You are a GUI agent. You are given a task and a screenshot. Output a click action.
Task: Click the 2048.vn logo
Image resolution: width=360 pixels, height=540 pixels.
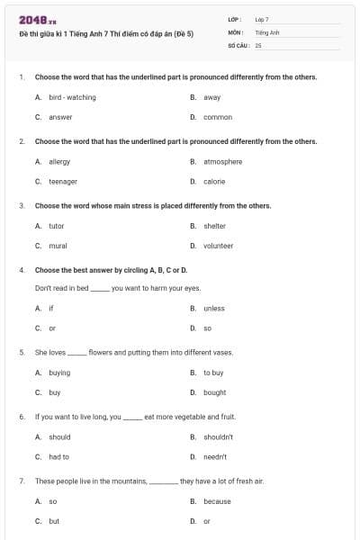(x=31, y=20)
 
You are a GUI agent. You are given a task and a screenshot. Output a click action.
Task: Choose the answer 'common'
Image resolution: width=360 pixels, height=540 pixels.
(x=217, y=117)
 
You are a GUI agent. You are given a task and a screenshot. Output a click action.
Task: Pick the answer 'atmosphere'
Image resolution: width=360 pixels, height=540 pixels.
(x=222, y=161)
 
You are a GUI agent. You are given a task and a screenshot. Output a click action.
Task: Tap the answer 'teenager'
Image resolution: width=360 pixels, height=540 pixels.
(x=62, y=181)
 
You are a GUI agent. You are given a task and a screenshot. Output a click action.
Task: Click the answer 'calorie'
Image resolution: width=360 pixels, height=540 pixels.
(x=214, y=181)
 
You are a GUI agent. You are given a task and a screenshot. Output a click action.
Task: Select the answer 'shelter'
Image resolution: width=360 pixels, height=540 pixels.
(x=214, y=226)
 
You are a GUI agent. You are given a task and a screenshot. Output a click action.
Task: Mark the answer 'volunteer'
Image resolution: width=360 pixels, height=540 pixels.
(x=218, y=246)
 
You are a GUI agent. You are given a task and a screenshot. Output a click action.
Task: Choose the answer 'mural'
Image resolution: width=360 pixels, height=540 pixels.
(x=58, y=246)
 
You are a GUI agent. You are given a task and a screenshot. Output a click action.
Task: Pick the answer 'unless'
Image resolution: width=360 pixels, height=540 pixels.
(x=213, y=309)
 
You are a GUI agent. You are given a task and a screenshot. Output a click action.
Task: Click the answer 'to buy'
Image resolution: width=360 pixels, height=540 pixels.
(x=212, y=373)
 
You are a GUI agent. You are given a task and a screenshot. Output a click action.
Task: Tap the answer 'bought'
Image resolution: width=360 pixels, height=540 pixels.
(x=214, y=392)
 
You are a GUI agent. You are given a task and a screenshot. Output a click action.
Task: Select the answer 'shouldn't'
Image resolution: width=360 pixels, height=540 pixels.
(x=218, y=437)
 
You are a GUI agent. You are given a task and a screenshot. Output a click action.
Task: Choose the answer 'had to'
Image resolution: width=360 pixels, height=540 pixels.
(x=59, y=457)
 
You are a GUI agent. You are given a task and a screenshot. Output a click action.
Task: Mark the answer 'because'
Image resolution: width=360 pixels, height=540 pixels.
(x=217, y=501)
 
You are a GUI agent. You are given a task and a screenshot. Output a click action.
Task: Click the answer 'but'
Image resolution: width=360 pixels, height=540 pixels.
(x=54, y=521)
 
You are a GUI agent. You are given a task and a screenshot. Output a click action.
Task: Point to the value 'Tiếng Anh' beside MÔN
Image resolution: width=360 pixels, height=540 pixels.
(x=267, y=31)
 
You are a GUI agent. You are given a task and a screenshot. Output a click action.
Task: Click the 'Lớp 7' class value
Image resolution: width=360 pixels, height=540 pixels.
(x=262, y=19)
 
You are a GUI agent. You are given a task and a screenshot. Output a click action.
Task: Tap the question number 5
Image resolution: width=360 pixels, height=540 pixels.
(x=21, y=353)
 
